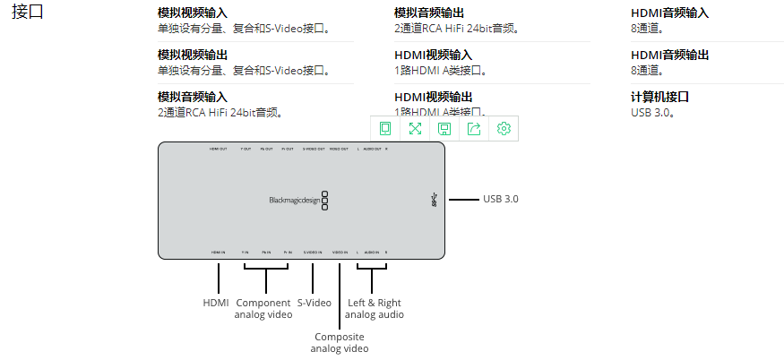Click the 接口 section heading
coord(28,13)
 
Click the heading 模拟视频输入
coord(193,13)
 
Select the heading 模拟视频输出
coord(193,55)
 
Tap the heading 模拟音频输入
coord(193,97)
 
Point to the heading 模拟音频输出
coord(429,13)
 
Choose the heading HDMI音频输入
coord(669,13)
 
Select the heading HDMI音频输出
coord(669,55)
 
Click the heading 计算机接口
coord(659,97)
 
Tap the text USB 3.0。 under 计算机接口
coord(652,112)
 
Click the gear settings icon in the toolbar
coord(504,128)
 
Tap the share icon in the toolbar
coord(474,128)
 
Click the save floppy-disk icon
coord(444,128)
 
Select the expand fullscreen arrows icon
coord(415,128)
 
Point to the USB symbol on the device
coord(435,200)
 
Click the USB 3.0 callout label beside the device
coord(501,199)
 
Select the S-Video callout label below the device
coord(314,303)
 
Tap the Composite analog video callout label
coord(340,342)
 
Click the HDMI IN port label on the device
coord(218,253)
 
